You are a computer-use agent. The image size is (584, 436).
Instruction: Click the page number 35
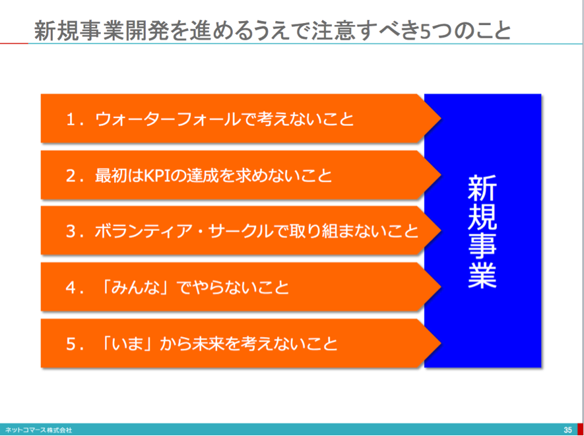click(x=568, y=430)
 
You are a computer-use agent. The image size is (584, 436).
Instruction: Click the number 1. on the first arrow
click(x=74, y=119)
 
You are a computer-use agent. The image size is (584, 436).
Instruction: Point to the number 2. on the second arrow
click(x=74, y=175)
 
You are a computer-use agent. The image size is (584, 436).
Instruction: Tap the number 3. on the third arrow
click(x=74, y=232)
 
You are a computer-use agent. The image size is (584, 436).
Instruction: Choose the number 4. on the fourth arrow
click(x=74, y=288)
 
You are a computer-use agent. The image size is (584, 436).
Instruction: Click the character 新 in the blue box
click(x=482, y=189)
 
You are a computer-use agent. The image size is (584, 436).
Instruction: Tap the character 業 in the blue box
click(x=482, y=274)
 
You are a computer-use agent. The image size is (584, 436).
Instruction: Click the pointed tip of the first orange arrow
click(x=441, y=119)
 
